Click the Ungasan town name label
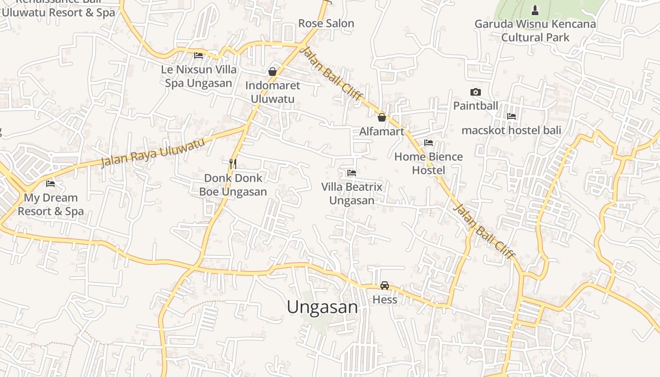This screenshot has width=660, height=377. [322, 307]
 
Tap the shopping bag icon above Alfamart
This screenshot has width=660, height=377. [382, 117]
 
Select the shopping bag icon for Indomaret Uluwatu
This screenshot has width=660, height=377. [272, 72]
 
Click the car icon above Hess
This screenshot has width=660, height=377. [385, 286]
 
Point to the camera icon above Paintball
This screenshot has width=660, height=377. [475, 92]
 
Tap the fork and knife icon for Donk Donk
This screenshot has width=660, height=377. [233, 164]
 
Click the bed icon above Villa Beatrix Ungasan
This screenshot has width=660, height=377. [351, 173]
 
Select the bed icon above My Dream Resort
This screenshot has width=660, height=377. [50, 184]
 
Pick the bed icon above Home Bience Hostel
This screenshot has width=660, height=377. [428, 143]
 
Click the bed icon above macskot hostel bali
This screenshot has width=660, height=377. [511, 116]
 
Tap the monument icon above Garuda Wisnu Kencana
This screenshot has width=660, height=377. [535, 10]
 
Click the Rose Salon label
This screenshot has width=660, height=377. [326, 24]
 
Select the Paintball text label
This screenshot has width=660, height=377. [475, 106]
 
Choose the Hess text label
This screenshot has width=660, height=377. [385, 300]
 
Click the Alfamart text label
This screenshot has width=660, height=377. [382, 131]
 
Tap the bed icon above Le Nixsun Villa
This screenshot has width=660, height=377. [198, 56]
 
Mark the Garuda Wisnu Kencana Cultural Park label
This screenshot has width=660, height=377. [535, 31]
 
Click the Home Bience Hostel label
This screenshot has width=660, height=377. [428, 163]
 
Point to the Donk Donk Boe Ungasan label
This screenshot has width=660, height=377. [233, 185]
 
